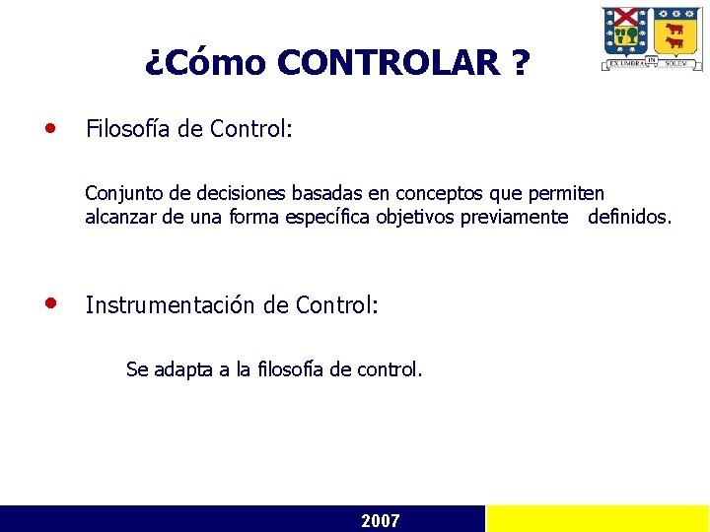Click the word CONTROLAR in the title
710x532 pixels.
[x=390, y=64]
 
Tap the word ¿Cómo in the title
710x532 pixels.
[x=205, y=64]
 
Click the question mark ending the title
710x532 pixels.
[x=520, y=64]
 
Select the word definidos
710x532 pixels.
[x=628, y=217]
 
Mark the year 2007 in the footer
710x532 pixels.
[x=381, y=520]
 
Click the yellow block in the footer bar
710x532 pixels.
[x=598, y=519]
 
